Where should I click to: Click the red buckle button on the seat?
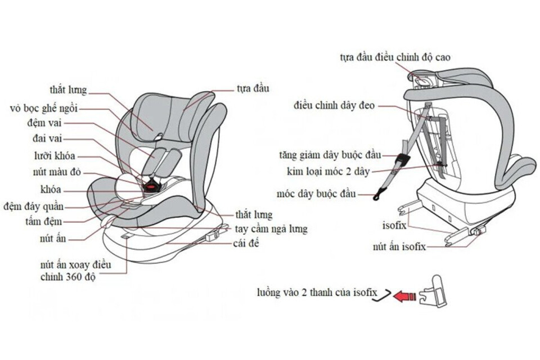(x=151, y=183)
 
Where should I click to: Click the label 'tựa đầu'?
(x=253, y=88)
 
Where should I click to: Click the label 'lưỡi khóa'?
(x=54, y=156)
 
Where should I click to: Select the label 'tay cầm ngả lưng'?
(x=272, y=229)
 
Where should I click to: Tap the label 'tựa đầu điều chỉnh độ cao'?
(x=395, y=57)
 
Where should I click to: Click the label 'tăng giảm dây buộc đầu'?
(x=330, y=155)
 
